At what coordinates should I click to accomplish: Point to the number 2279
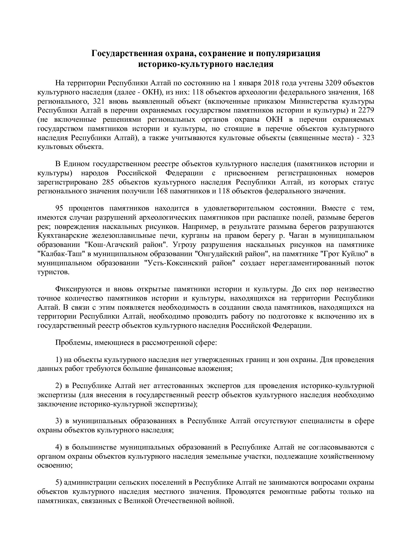(366, 111)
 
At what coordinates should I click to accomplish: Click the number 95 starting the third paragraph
(60, 208)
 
